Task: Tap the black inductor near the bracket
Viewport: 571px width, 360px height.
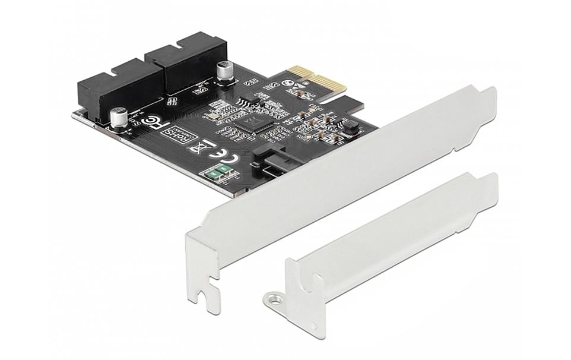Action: click(351, 127)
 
